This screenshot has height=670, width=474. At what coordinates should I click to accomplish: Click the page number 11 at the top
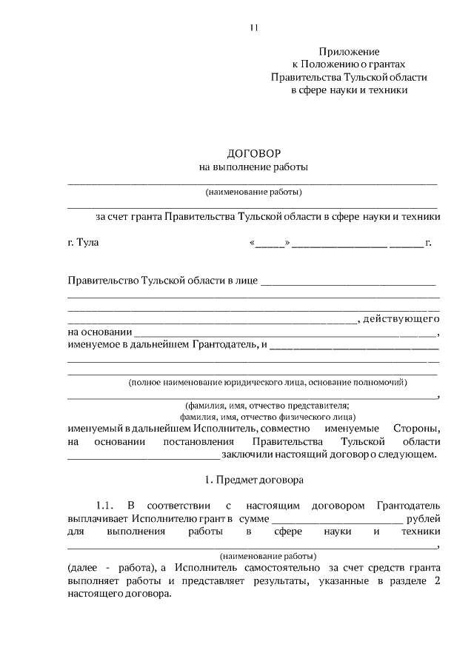click(x=253, y=28)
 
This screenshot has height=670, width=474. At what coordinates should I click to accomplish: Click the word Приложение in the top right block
click(x=349, y=52)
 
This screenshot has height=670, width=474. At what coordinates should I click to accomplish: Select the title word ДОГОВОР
click(x=253, y=154)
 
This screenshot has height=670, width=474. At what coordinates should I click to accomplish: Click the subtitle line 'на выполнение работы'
click(x=253, y=167)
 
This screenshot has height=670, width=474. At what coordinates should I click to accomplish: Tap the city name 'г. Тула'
click(x=82, y=242)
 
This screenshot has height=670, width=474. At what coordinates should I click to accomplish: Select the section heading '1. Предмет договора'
click(x=253, y=479)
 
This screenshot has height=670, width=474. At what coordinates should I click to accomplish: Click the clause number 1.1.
click(x=103, y=506)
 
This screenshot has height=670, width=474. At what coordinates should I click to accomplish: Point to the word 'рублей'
click(x=424, y=518)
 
